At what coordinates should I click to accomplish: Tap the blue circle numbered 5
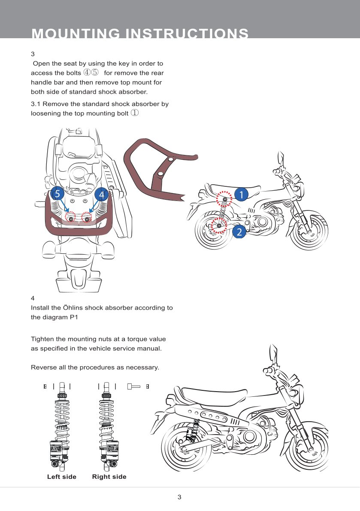pyautogui.click(x=56, y=194)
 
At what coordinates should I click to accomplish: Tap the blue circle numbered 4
pyautogui.click(x=101, y=195)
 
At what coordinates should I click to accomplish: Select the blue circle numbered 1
pyautogui.click(x=242, y=194)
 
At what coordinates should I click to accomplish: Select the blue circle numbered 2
pyautogui.click(x=239, y=232)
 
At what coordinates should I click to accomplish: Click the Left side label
pyautogui.click(x=61, y=477)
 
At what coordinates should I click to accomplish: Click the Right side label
pyautogui.click(x=109, y=477)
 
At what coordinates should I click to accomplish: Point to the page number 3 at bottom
pyautogui.click(x=179, y=497)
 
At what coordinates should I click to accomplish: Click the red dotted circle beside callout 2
pyautogui.click(x=220, y=225)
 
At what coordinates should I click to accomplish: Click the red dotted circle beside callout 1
pyautogui.click(x=224, y=199)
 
